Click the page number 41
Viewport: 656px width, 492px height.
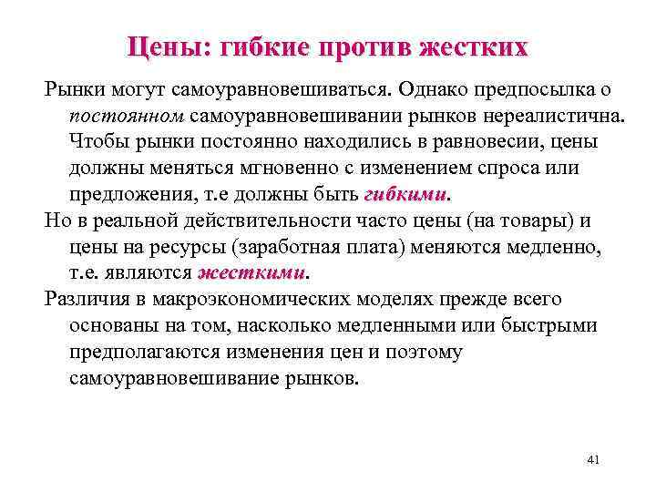point(593,460)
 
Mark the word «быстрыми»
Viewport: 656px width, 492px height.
point(551,325)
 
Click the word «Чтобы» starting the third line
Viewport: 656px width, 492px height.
point(98,143)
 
